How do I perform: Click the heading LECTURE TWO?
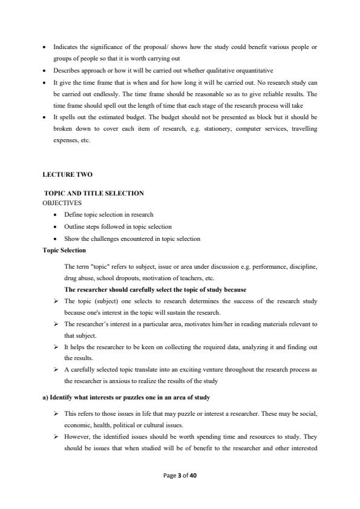pyautogui.click(x=67, y=175)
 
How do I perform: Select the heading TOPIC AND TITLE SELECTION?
pyautogui.click(x=94, y=194)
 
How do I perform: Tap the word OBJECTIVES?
pyautogui.click(x=62, y=203)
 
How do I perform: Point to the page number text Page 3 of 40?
pyautogui.click(x=180, y=476)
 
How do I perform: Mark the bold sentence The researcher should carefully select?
pyautogui.click(x=155, y=289)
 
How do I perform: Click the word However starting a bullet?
pyautogui.click(x=77, y=436)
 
